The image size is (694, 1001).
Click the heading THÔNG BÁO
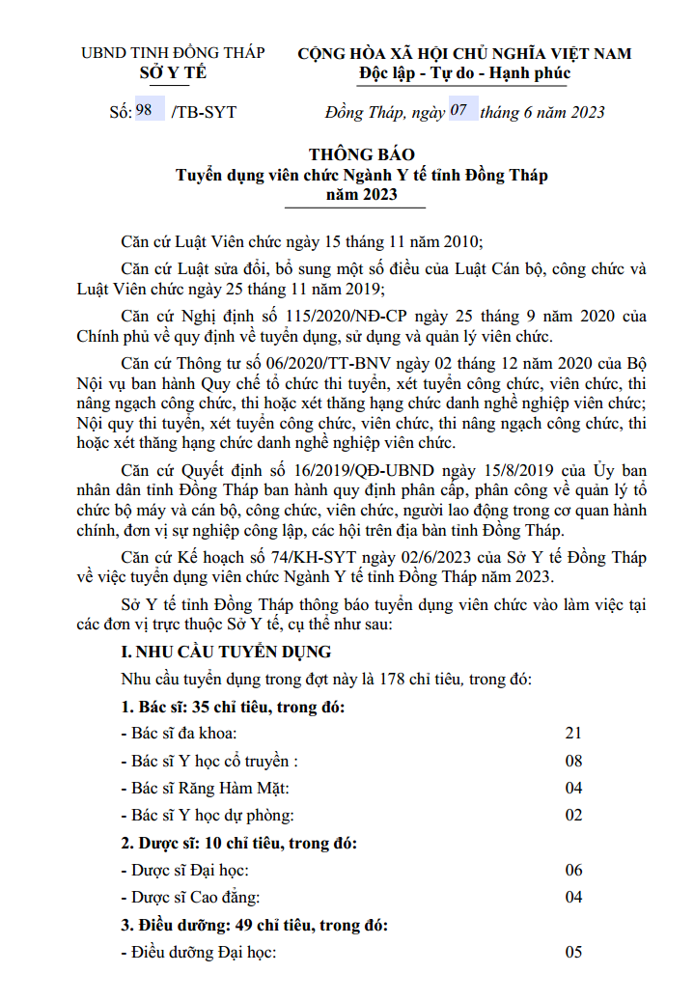coord(362,155)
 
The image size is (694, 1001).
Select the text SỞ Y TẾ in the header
coord(173,72)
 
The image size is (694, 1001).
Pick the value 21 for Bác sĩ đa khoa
coord(573,734)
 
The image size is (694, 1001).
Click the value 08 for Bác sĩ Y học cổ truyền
coord(573,761)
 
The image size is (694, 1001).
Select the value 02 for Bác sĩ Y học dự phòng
coord(573,815)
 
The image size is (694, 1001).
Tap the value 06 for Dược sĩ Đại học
coord(573,870)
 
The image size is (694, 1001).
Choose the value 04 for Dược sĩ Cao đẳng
coord(573,897)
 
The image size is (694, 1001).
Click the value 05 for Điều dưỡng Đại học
coord(573,953)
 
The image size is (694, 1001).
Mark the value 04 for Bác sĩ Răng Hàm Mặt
coord(573,788)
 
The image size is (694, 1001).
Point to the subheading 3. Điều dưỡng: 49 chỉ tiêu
coord(255,925)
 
